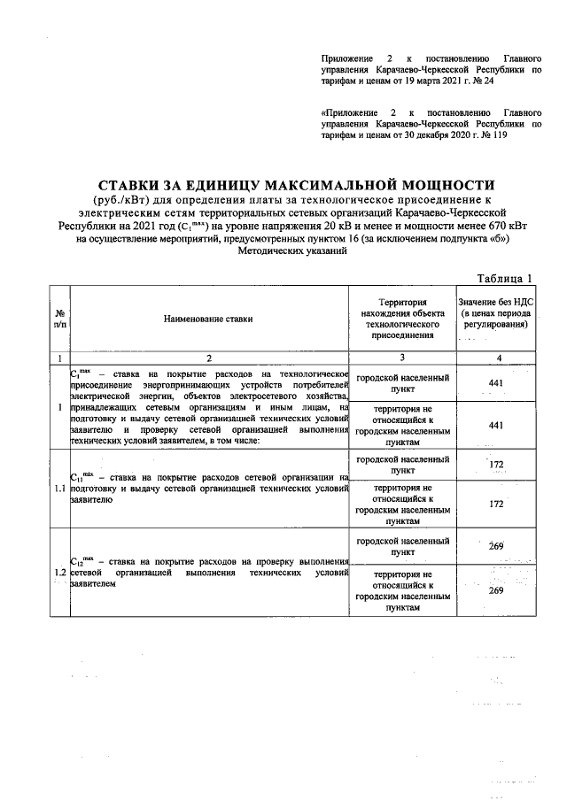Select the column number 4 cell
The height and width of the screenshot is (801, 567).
[x=496, y=358]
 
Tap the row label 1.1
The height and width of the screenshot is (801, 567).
[x=59, y=486]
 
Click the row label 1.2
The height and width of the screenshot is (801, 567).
[x=59, y=573]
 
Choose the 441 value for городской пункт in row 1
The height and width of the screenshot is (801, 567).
[x=496, y=381]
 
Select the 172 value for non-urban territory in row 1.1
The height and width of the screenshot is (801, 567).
[x=496, y=504]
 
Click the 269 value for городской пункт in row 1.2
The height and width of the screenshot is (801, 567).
[x=496, y=546]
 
